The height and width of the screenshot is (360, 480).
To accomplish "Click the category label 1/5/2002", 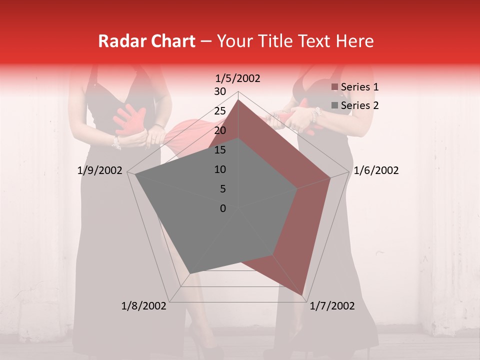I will [x=238, y=78].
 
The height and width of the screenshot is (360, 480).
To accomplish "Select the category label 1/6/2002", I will [x=376, y=170].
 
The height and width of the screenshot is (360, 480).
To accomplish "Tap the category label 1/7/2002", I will [x=332, y=306].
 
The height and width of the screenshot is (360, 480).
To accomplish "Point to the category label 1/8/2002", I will [x=144, y=306].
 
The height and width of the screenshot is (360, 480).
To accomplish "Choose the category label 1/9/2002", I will [x=100, y=170].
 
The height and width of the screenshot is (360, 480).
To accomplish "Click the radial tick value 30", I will [x=220, y=91].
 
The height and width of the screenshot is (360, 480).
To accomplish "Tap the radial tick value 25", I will [x=220, y=111].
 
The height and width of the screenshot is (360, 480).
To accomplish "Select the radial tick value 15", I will [x=220, y=150].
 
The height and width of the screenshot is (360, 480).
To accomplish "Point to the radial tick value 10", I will [x=220, y=169].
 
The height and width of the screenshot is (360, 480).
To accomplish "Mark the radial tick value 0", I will [x=223, y=208].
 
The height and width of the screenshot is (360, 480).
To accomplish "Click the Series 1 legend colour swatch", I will [x=335, y=87].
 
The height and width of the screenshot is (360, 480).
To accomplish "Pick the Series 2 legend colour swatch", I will [x=335, y=105].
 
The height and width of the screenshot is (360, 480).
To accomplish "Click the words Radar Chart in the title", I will [x=146, y=41].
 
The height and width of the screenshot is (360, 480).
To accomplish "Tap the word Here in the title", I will [x=354, y=41].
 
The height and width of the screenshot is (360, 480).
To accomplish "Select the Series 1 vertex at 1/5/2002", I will [x=238, y=100].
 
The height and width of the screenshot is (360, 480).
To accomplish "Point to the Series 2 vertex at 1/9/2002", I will [x=135, y=174].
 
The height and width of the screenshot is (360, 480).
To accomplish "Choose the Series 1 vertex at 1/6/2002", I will [x=330, y=177].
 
